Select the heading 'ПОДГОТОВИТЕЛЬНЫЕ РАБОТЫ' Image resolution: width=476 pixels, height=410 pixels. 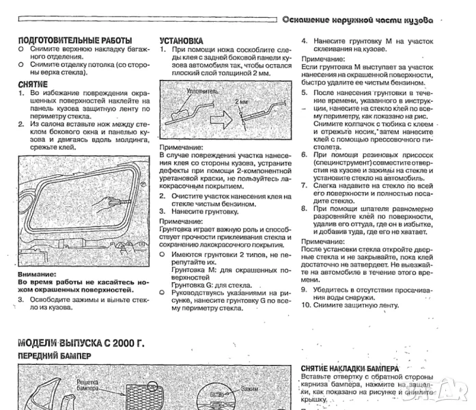(x=74, y=41)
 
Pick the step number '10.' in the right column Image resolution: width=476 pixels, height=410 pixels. (x=307, y=304)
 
